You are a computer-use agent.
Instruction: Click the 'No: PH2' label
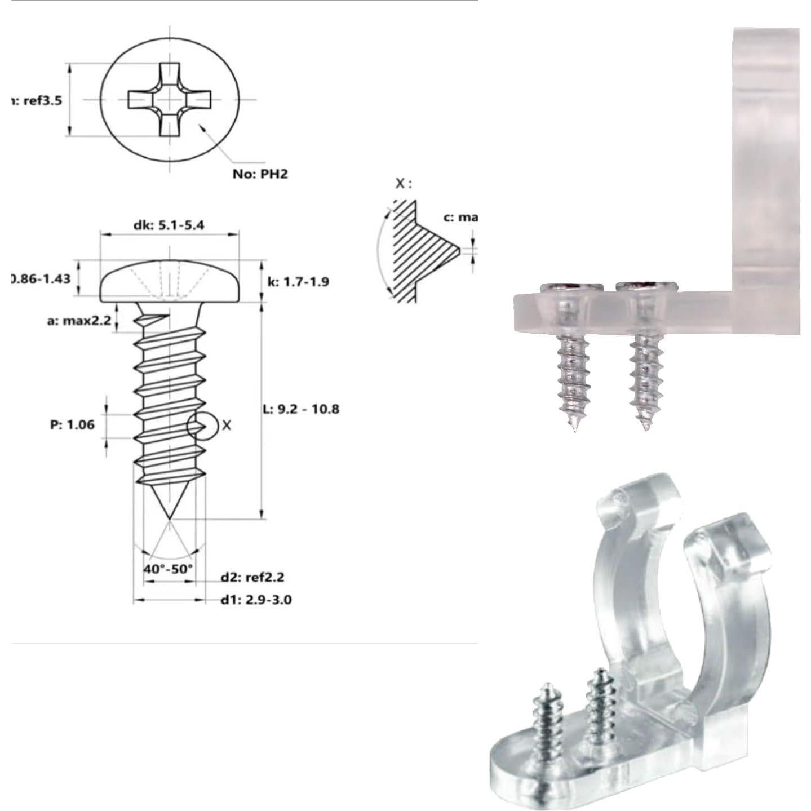tap(260, 174)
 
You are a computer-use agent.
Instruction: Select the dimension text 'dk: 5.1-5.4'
tap(169, 225)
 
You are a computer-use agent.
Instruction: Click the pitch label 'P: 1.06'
tap(73, 424)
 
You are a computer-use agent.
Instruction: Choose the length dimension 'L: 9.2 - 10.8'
tap(302, 409)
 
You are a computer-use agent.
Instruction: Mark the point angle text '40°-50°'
tap(168, 569)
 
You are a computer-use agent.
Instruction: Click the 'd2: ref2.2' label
tap(252, 577)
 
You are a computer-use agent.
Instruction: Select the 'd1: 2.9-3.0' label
tap(256, 599)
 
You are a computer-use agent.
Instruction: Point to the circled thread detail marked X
tap(202, 426)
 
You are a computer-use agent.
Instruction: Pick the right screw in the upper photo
tap(644, 361)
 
